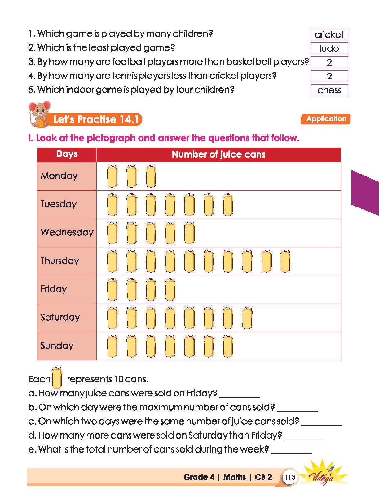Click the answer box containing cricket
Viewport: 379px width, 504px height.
point(329,34)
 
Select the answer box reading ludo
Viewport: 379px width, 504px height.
point(329,48)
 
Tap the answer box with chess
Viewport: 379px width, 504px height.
point(329,90)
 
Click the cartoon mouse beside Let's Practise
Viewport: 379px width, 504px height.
point(39,114)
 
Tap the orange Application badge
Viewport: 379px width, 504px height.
point(325,119)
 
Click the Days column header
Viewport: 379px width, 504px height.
point(67,154)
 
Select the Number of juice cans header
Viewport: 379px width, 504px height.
point(218,154)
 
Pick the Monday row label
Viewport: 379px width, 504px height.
point(59,176)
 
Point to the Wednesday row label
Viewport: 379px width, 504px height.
point(67,232)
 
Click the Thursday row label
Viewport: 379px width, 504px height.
point(60,261)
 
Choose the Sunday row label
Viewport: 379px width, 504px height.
point(57,346)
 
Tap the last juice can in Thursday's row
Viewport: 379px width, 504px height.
point(285,261)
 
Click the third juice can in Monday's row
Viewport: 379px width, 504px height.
point(151,176)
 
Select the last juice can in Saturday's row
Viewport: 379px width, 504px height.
point(247,318)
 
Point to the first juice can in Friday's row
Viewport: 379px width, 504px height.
point(112,289)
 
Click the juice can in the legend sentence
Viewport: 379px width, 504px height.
point(57,377)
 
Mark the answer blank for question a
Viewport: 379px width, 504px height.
point(239,394)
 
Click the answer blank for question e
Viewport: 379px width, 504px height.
point(291,450)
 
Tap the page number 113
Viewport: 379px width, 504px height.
point(290,477)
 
